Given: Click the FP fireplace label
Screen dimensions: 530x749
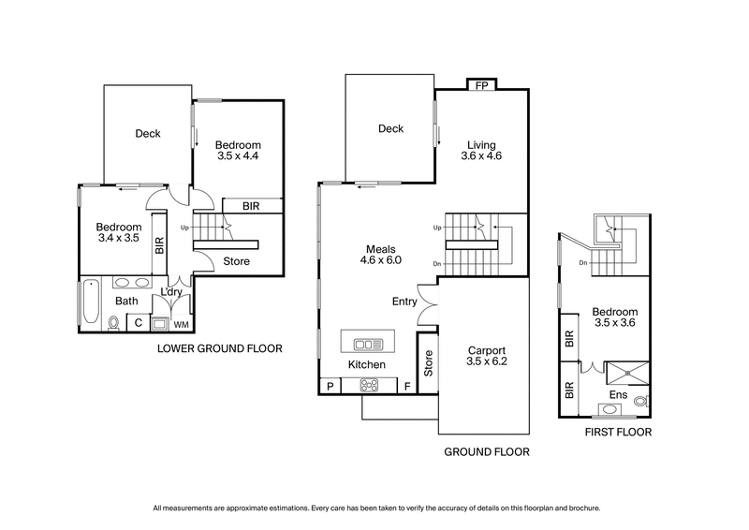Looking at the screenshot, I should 481,84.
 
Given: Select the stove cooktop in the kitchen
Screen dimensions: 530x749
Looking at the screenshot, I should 367,384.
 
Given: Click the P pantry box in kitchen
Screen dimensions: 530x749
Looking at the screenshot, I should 330,385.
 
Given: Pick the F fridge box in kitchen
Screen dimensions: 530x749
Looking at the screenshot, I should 407,385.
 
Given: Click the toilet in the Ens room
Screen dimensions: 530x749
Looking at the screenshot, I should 639,401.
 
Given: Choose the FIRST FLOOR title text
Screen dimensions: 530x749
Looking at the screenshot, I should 617,433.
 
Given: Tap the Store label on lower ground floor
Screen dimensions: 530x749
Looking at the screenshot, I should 237,261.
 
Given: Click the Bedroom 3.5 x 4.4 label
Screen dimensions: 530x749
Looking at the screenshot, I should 237,151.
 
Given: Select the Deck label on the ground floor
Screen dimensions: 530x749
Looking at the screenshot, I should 390,129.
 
